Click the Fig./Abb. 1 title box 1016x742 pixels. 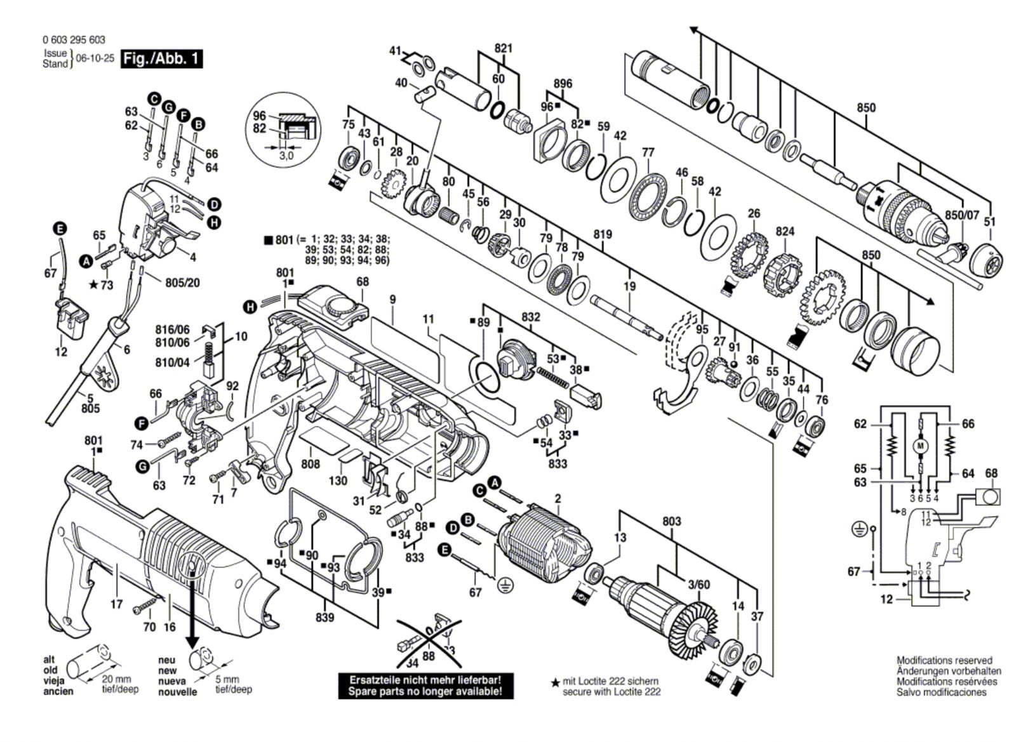coord(161,59)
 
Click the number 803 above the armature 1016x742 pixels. coord(671,521)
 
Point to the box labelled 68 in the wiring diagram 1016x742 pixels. coord(987,496)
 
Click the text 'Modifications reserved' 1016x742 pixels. coord(944,661)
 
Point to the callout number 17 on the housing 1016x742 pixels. coord(116,605)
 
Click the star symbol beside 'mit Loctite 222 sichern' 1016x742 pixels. coord(555,682)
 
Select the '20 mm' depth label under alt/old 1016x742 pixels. coord(117,679)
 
